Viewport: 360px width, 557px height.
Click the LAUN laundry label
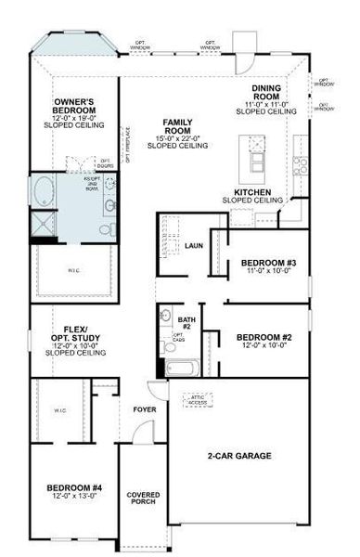[194, 246]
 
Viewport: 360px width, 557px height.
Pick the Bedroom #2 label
[264, 337]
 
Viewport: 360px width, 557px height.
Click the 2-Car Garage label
[238, 456]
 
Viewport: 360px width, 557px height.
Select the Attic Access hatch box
[199, 399]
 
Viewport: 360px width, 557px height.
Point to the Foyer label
[145, 408]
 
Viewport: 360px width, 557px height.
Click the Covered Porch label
[144, 499]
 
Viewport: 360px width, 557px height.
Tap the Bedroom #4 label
[74, 487]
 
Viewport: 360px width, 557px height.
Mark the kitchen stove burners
[301, 165]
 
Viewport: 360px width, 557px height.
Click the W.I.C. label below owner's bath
[74, 272]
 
